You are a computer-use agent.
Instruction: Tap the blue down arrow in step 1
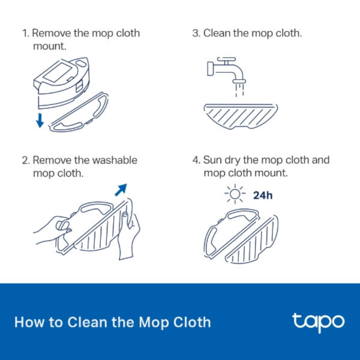pyautogui.click(x=40, y=119)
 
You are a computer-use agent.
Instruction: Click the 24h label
pyautogui.click(x=263, y=196)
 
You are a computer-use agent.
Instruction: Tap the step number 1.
pyautogui.click(x=25, y=33)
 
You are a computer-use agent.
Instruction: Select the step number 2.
pyautogui.click(x=25, y=161)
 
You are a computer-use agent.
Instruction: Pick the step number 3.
pyautogui.click(x=196, y=33)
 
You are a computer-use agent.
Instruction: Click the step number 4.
pyautogui.click(x=196, y=161)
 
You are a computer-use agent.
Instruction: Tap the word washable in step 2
pyautogui.click(x=110, y=161)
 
